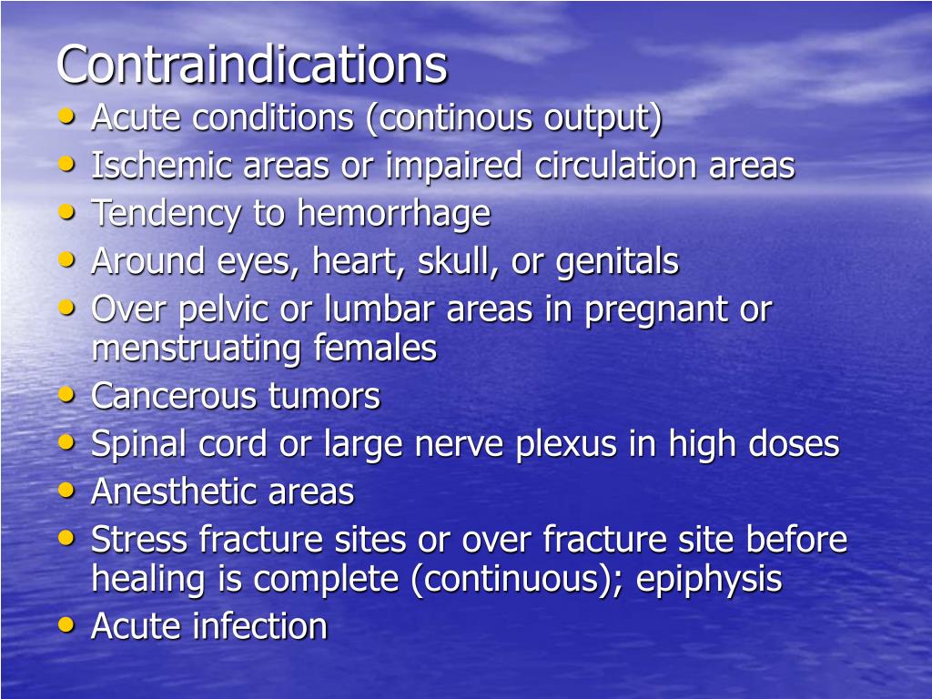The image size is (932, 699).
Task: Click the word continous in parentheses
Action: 452,118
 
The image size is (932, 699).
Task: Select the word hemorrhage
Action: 393,214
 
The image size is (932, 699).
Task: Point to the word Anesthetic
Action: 174,492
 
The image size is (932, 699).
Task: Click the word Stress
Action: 139,540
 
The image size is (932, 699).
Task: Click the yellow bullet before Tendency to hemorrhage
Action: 66,212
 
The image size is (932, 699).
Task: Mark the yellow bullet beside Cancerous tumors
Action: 66,395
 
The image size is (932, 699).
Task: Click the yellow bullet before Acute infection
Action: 66,624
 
